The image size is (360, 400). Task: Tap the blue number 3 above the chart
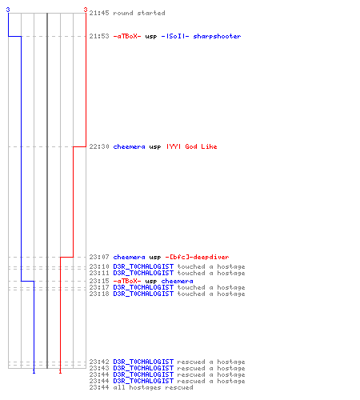(x=8, y=10)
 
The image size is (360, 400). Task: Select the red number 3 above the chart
(x=86, y=10)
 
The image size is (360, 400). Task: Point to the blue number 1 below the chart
(x=34, y=371)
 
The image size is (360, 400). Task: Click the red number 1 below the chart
(x=60, y=371)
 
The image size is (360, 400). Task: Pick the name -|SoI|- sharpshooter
(x=201, y=36)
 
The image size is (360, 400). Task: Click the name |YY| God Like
(x=192, y=146)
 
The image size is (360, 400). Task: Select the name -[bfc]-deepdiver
(x=197, y=257)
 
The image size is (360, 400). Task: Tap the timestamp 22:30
(x=99, y=146)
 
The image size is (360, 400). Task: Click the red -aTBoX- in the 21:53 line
(x=127, y=36)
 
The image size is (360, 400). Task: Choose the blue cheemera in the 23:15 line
(x=177, y=281)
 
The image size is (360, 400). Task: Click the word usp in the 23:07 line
(x=155, y=258)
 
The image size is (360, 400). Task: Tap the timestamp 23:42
(x=99, y=362)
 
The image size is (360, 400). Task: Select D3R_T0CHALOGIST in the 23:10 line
(x=143, y=266)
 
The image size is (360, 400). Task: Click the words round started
(x=139, y=13)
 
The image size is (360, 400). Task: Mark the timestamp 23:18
(x=99, y=294)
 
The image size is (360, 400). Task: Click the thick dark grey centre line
(x=47, y=190)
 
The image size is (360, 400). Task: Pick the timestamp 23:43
(x=99, y=368)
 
